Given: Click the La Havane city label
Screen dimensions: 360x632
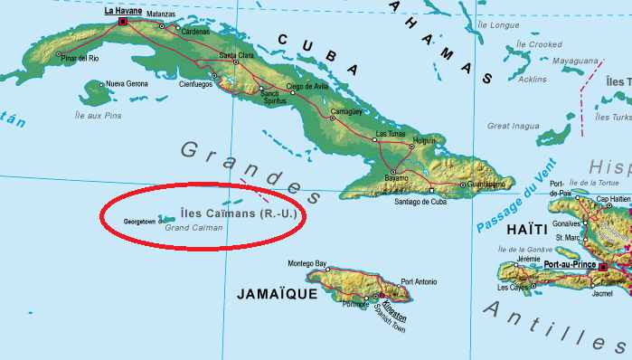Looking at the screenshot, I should pos(123,11).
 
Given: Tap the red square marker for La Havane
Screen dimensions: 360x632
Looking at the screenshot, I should pos(122,21).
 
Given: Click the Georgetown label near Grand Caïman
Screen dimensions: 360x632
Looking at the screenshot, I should pos(139,221).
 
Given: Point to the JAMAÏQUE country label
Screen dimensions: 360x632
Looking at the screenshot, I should pos(276,294).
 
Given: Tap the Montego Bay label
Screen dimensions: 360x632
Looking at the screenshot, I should pos(307,264).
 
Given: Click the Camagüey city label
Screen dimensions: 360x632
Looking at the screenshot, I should pos(345,111).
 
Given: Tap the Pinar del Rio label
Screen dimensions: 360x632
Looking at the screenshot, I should pos(80,58).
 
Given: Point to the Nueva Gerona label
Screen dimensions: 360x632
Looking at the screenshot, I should pos(126,84).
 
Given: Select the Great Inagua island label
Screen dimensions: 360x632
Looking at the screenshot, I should pos(513,126).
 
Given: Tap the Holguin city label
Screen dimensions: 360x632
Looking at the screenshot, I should pos(424,140).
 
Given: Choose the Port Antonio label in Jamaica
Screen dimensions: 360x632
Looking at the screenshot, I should pos(420,281).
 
